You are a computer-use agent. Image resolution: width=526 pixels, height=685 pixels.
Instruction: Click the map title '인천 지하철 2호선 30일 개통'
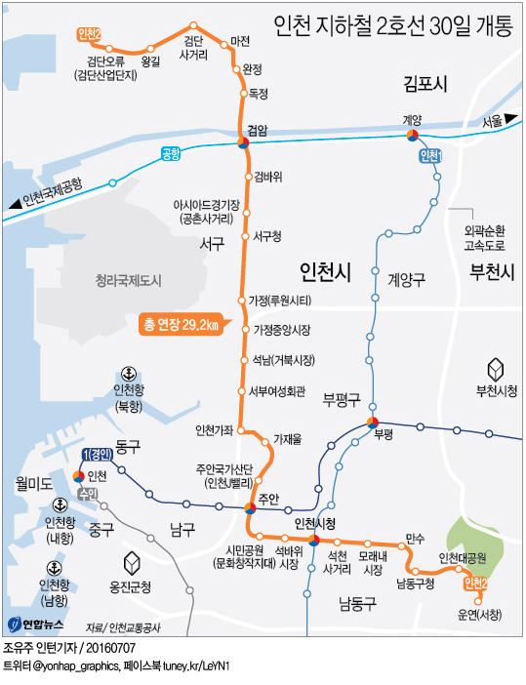[392, 26]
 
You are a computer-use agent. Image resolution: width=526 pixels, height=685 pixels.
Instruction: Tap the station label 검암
[258, 128]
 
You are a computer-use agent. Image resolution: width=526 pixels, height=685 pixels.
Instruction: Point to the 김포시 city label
[425, 85]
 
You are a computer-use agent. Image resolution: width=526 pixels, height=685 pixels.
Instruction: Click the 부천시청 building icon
[496, 369]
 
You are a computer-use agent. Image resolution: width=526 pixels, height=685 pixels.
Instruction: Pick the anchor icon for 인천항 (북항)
[128, 374]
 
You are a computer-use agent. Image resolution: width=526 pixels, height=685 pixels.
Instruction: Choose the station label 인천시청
[314, 525]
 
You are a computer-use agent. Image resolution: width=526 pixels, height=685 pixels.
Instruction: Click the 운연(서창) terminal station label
[479, 615]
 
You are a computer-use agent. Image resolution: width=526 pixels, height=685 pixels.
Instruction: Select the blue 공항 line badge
[172, 153]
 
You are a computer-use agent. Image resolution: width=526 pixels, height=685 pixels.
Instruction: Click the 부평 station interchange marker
[372, 423]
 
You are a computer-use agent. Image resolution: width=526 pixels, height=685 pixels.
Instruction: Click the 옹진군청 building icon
[131, 563]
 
